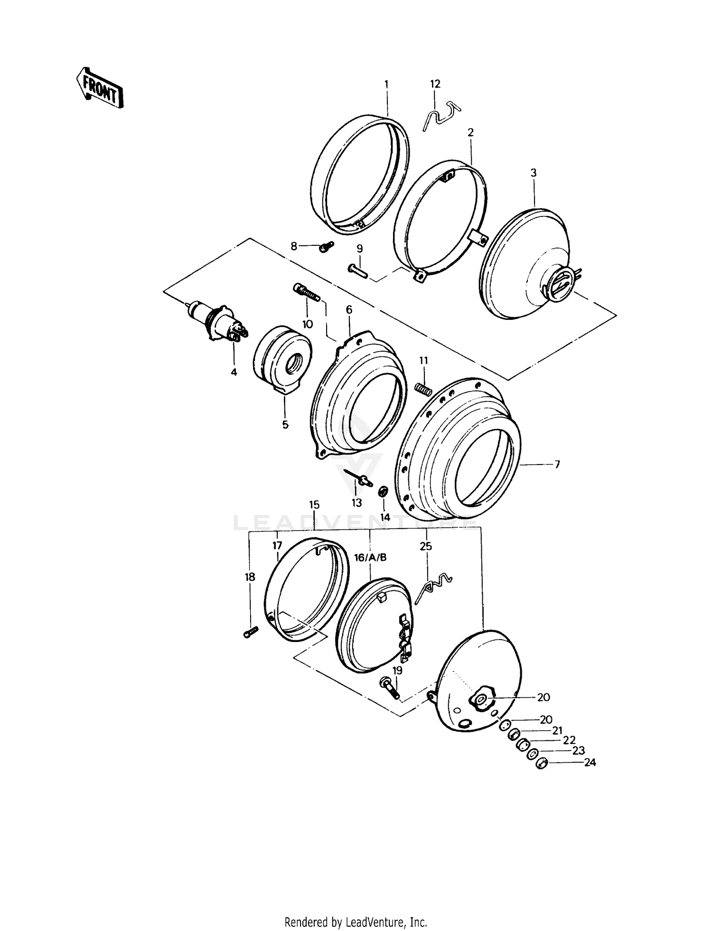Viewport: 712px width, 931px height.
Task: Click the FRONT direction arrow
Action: [x=100, y=87]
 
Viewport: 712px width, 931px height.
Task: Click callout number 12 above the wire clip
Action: [x=435, y=84]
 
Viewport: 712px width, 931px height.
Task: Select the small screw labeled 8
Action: [x=326, y=246]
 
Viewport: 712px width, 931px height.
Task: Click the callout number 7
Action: [x=557, y=464]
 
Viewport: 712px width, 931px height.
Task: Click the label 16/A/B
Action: [x=370, y=558]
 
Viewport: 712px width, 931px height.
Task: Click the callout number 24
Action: [x=590, y=763]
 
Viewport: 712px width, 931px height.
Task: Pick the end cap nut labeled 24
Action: [x=541, y=764]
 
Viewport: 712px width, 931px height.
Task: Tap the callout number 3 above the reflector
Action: [x=534, y=173]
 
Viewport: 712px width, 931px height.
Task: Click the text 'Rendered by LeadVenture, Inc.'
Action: [x=356, y=922]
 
